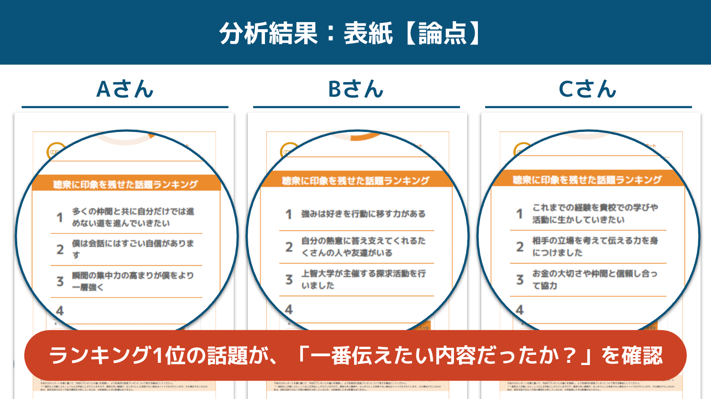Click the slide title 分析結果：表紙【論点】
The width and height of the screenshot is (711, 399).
[x=350, y=33]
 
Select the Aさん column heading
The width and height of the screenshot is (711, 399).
[x=125, y=89]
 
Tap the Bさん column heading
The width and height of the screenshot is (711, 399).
[x=356, y=89]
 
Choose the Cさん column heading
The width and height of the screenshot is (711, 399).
[x=587, y=89]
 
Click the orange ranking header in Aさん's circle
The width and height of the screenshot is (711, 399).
[x=125, y=184]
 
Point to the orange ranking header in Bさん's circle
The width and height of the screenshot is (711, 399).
[x=356, y=181]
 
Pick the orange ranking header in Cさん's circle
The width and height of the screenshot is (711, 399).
[x=587, y=180]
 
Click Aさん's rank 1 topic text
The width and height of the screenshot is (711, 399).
[x=132, y=217]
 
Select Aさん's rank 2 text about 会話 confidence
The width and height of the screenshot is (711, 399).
[x=132, y=249]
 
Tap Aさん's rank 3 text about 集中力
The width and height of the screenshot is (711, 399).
[x=132, y=281]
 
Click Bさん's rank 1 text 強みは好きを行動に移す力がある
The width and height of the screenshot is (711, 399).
[x=363, y=214]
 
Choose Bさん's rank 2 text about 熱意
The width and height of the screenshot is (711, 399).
[x=363, y=247]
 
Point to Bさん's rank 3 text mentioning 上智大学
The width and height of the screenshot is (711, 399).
[x=363, y=279]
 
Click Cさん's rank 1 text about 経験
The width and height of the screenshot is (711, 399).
[x=595, y=214]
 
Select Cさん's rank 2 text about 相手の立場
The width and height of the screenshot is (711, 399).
[x=595, y=246]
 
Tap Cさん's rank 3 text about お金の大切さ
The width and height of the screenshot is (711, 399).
[x=595, y=279]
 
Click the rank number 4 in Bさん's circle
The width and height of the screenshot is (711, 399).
[x=289, y=309]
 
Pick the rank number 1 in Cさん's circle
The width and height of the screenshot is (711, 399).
[x=520, y=214]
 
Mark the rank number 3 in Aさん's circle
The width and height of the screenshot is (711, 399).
[x=60, y=281]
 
